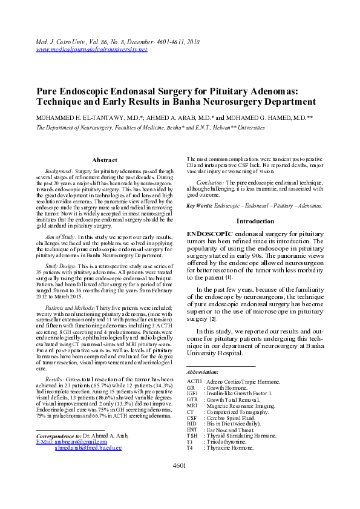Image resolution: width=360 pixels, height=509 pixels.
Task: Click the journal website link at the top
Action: pos(91,49)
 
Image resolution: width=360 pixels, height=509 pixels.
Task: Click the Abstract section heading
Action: pos(104,160)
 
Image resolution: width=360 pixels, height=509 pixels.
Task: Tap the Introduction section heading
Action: pos(255,222)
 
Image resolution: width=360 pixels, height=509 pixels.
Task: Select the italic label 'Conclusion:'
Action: pos(211,182)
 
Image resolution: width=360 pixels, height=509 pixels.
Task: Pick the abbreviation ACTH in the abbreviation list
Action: pos(194,381)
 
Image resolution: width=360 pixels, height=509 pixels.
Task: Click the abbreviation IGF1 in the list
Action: pos(194,393)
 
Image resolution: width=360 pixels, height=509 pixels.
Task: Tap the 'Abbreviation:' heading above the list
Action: pos(203,372)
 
